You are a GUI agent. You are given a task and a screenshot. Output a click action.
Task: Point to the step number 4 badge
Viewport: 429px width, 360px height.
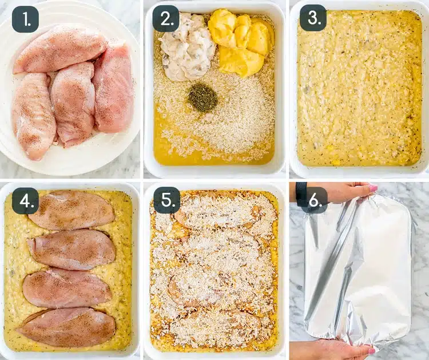[26, 201]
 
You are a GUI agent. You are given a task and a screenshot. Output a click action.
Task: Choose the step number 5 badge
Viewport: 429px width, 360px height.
[167, 200]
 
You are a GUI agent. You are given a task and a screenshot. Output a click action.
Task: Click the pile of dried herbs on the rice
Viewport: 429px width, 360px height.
[203, 97]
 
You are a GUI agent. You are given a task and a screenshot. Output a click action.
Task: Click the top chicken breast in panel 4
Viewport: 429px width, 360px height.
[72, 211]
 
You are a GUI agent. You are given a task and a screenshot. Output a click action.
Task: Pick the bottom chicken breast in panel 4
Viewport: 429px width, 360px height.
[66, 328]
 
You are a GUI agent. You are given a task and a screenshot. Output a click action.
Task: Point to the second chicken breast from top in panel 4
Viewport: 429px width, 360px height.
[71, 249]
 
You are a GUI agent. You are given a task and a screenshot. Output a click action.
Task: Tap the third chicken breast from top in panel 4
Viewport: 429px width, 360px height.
[67, 288]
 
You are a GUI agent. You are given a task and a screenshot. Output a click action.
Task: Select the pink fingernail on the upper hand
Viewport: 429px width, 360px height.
[373, 188]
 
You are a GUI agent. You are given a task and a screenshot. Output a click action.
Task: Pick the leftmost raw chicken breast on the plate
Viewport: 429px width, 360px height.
[34, 114]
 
